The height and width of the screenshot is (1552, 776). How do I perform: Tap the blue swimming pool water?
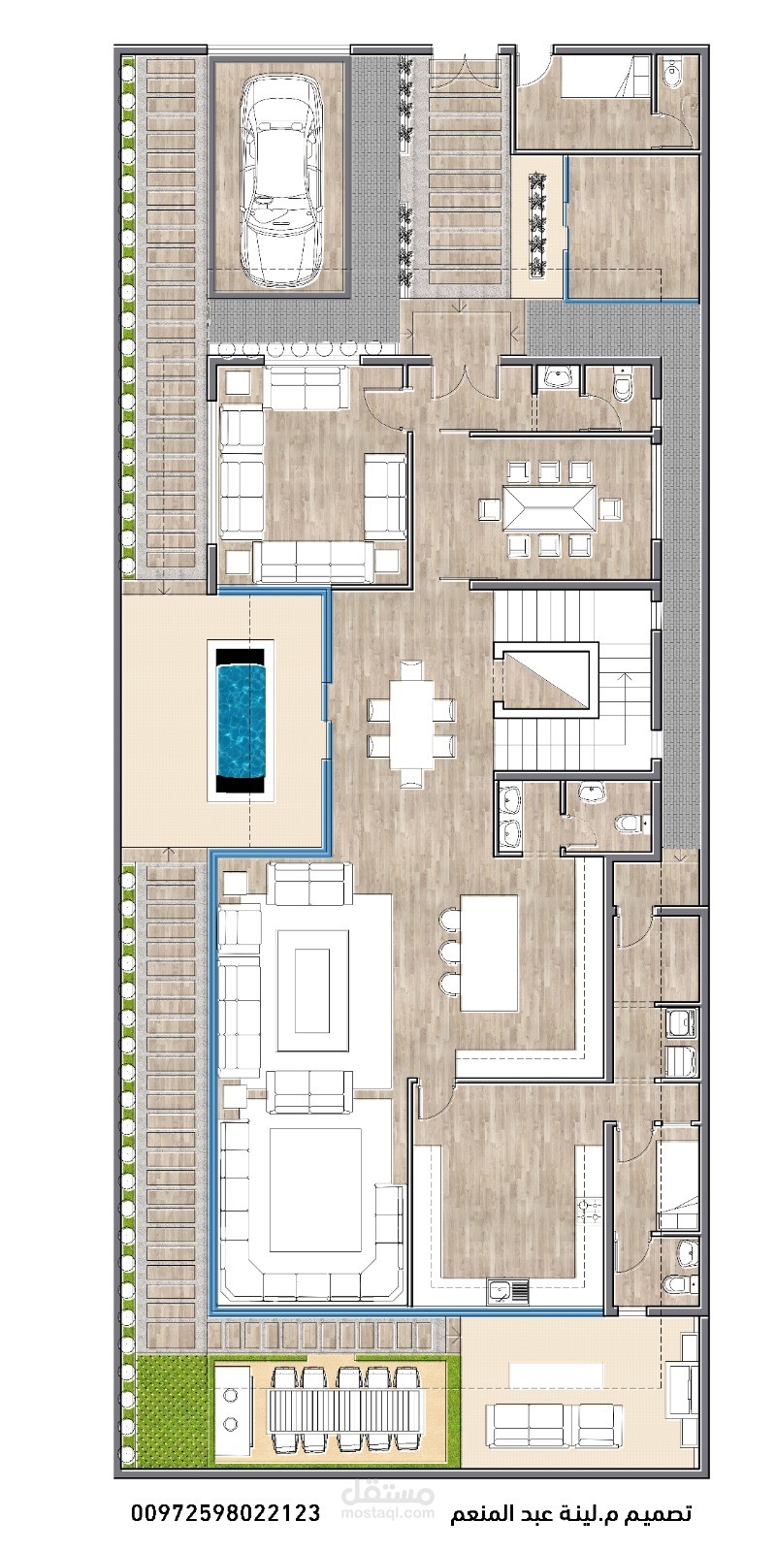(242, 721)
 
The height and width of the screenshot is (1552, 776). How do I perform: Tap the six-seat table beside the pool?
(411, 724)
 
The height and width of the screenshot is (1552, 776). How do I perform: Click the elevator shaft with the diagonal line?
(545, 677)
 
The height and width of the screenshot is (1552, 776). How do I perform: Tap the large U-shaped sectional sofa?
(311, 1217)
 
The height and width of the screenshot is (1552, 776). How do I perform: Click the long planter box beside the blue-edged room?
(538, 224)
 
